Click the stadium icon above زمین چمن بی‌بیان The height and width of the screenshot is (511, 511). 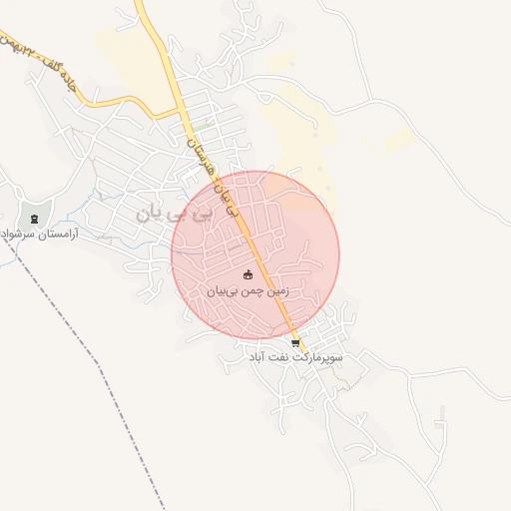(x=248, y=274)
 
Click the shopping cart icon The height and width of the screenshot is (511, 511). (x=294, y=342)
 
